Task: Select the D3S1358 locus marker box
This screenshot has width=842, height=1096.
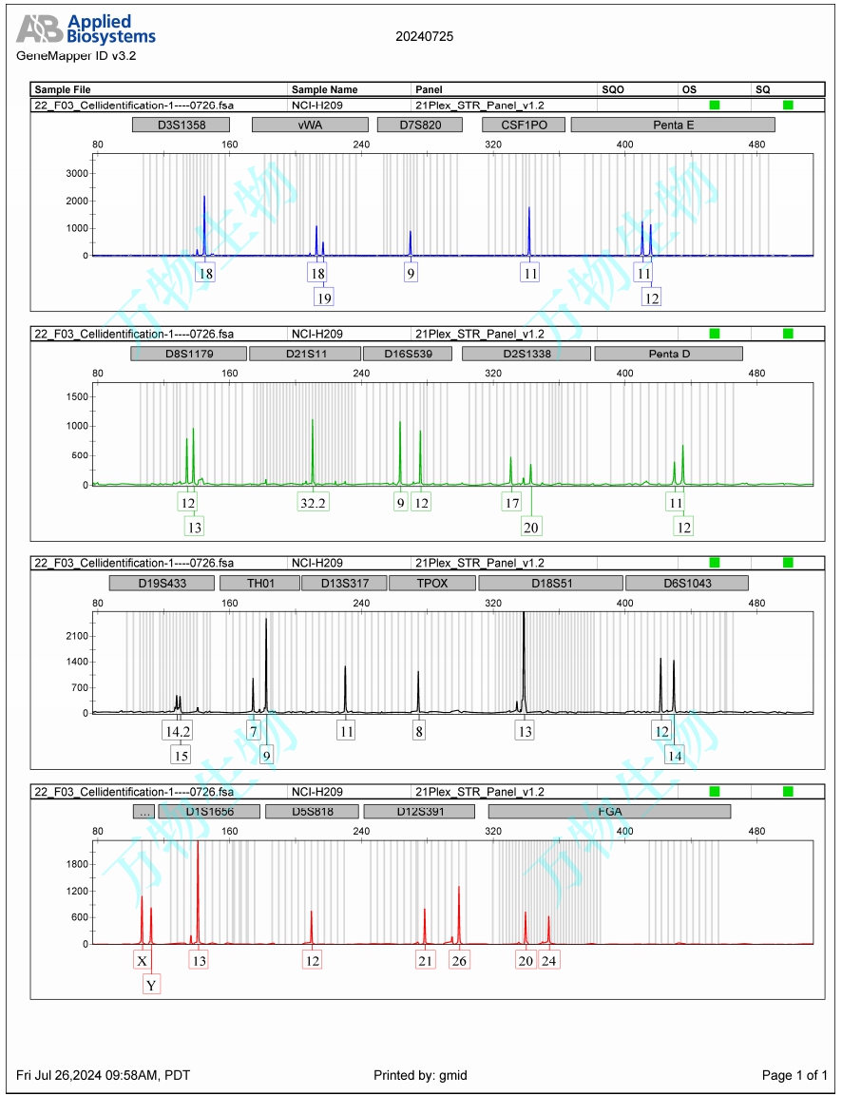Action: pyautogui.click(x=182, y=125)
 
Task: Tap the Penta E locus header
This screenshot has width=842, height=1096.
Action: pyautogui.click(x=673, y=125)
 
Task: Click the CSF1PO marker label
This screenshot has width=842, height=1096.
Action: pyautogui.click(x=524, y=125)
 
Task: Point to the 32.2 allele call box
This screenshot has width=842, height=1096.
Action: pyautogui.click(x=314, y=503)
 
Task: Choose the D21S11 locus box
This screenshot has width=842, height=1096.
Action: pyautogui.click(x=304, y=354)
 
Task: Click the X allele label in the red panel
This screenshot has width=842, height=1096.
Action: pyautogui.click(x=143, y=961)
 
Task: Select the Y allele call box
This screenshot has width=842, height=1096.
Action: pyautogui.click(x=151, y=986)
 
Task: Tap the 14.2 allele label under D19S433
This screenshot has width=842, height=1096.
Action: pyautogui.click(x=178, y=731)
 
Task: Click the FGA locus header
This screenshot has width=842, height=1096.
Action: pyautogui.click(x=609, y=812)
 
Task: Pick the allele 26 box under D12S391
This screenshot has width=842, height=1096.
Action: pyautogui.click(x=459, y=961)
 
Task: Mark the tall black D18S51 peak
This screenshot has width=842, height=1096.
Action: pyautogui.click(x=524, y=656)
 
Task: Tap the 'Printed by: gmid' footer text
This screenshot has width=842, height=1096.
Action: pyautogui.click(x=420, y=1075)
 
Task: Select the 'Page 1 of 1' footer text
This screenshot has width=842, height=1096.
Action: pyautogui.click(x=794, y=1075)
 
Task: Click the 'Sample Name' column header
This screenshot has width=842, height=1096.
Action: pyautogui.click(x=325, y=89)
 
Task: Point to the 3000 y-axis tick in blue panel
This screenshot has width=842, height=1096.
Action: pyautogui.click(x=77, y=173)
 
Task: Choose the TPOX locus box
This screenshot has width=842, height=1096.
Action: pyautogui.click(x=432, y=583)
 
